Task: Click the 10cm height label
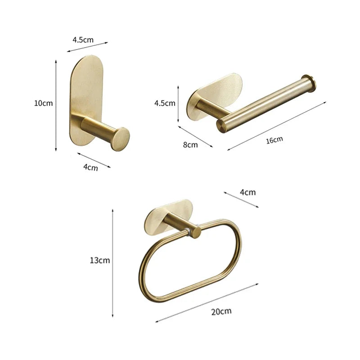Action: (x=44, y=103)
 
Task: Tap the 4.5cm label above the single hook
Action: (x=83, y=40)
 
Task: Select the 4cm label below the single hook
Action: (x=90, y=167)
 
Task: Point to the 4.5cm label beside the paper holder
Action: (x=165, y=103)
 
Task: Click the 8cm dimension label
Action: (x=190, y=145)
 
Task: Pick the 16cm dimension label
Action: (x=274, y=140)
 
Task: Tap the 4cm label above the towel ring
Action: (x=247, y=192)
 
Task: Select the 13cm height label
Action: (x=99, y=260)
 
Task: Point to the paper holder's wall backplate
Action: (x=211, y=90)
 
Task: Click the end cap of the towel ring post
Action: (x=196, y=232)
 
